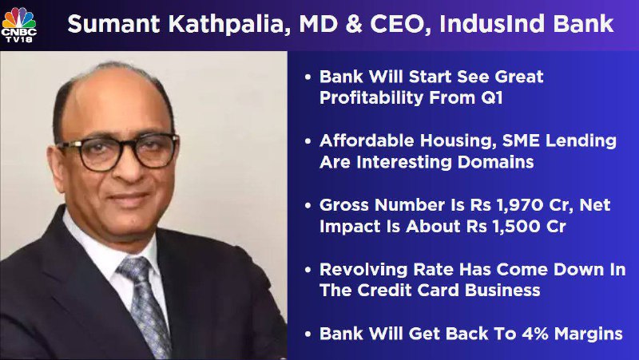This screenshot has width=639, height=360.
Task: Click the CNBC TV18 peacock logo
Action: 18,25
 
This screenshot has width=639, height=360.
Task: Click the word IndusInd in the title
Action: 492,24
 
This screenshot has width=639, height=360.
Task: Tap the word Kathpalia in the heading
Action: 226,25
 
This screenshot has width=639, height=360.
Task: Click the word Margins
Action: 589,334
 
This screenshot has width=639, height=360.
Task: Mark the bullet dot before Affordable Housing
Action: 308,141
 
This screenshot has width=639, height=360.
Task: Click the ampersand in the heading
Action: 354,25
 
